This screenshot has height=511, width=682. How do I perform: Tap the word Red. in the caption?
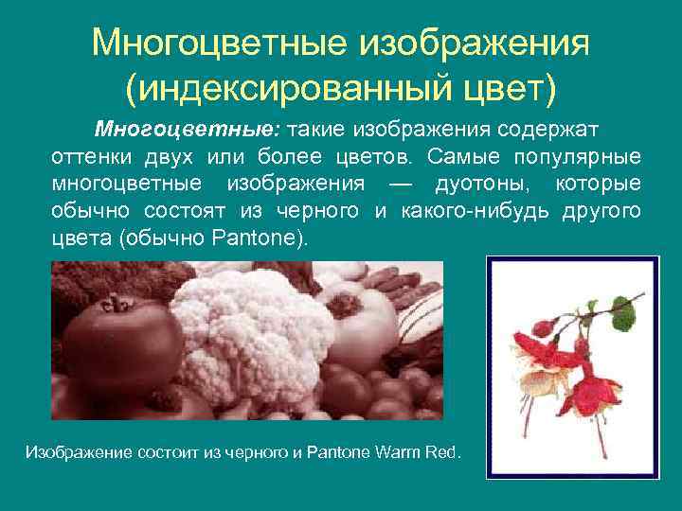coord(444,452)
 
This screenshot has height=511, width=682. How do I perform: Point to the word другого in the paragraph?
coord(602,210)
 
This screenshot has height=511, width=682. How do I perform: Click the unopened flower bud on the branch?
coord(543,328)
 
